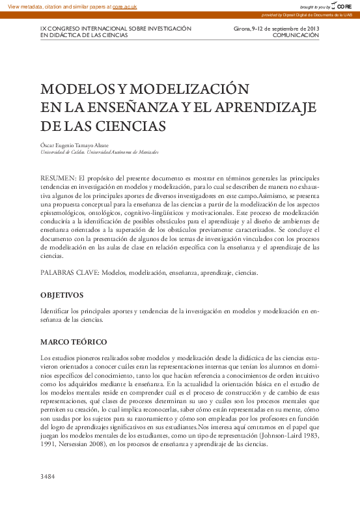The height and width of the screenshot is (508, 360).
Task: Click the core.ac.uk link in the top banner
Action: pyautogui.click(x=124, y=6)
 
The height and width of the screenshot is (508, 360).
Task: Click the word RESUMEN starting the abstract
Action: pyautogui.click(x=58, y=178)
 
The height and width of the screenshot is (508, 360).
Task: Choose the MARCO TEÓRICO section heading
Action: pyautogui.click(x=74, y=342)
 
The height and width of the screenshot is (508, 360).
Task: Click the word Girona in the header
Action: pyautogui.click(x=243, y=29)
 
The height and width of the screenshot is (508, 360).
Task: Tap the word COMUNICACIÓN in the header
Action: pyautogui.click(x=296, y=36)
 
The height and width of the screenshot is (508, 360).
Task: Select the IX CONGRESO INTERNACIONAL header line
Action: pyautogui.click(x=115, y=29)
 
